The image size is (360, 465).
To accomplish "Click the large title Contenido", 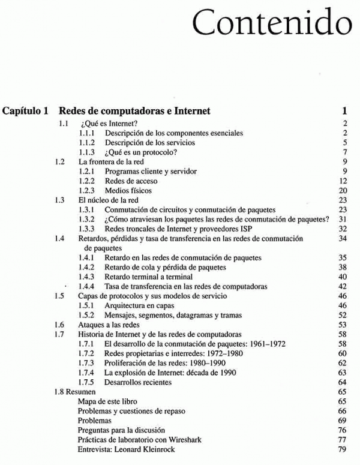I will pos(274,23).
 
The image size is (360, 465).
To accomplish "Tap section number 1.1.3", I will pos(88,152).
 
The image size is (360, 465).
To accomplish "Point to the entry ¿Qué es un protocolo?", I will pos(142,152).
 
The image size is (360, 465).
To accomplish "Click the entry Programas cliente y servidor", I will pos(151,172).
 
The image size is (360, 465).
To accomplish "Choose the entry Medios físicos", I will pos(128,191).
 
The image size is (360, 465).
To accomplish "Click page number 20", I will pos(344,191).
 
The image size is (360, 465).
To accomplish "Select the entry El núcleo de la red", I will pos(109,200).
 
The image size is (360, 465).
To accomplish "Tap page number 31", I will pos(344,220).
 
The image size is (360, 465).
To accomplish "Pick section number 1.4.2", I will pos(88,267).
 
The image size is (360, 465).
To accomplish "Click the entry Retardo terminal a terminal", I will pos(149,277).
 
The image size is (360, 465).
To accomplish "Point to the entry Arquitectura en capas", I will pos(143,305).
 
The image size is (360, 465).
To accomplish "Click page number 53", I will pos(344,325).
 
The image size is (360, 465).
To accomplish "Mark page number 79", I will pos(344,449).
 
